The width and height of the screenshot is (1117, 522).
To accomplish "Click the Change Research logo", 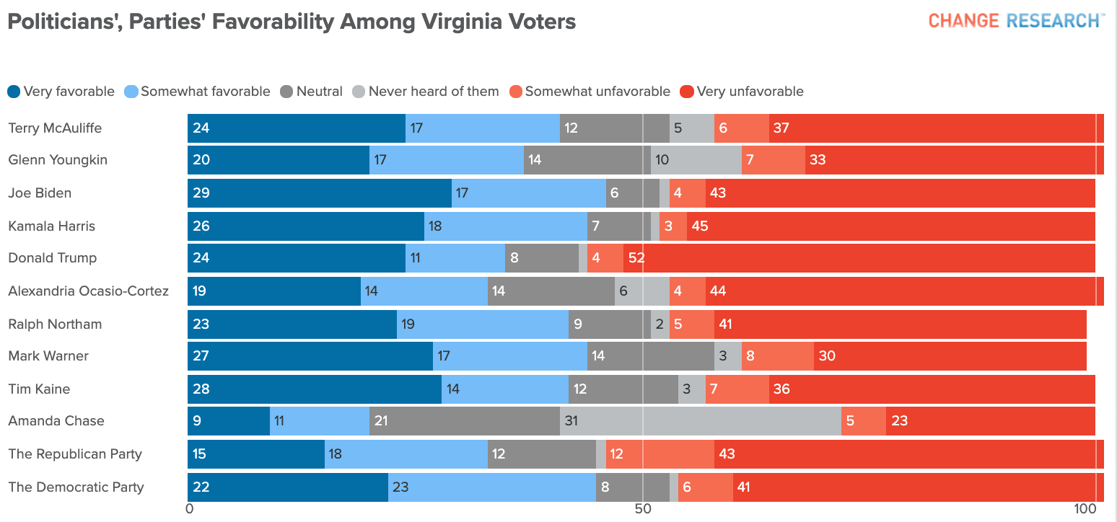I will click(1015, 20).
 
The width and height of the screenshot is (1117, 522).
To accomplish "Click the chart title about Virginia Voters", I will click(292, 22).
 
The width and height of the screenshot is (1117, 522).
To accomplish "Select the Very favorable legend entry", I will click(61, 92).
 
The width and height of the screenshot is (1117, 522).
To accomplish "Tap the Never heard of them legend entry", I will click(426, 92).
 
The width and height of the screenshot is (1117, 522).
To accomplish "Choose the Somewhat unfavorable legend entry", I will click(590, 92).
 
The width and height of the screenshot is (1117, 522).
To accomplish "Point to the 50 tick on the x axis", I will click(642, 509).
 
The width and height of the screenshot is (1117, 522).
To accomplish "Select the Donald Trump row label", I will click(52, 258).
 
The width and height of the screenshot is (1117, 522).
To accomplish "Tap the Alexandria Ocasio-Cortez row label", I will click(88, 291).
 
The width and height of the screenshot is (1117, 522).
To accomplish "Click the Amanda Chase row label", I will click(56, 421).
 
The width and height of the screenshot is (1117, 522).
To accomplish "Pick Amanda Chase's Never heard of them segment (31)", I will click(700, 421).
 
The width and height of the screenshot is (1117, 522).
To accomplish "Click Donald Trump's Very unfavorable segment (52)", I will click(859, 258).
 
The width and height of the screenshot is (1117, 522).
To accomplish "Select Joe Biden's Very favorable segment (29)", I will click(320, 193).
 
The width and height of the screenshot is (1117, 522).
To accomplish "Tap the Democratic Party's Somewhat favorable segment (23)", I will click(492, 487).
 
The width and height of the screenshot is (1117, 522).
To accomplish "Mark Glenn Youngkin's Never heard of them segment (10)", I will click(696, 160).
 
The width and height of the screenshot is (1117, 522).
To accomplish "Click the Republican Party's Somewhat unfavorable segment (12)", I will click(660, 454).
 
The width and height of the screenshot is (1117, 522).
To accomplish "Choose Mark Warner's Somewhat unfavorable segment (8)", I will click(778, 356).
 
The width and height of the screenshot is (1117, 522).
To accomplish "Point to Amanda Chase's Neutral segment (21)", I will click(465, 421).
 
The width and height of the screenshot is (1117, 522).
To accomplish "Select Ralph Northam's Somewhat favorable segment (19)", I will click(483, 324).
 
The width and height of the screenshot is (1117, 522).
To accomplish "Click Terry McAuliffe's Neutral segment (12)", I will click(615, 128).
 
